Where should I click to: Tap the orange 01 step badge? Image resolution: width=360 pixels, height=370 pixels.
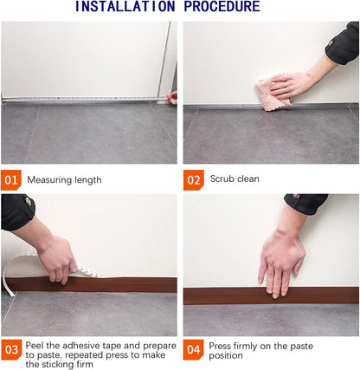11,179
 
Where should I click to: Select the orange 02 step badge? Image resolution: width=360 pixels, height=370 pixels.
193,179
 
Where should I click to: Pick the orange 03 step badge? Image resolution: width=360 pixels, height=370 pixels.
11,351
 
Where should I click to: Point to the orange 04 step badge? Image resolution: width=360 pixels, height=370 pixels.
193,351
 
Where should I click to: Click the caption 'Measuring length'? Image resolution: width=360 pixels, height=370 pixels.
64,179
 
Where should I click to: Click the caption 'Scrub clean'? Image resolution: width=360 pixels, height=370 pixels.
235,179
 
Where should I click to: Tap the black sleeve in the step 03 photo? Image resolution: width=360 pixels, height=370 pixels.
16,211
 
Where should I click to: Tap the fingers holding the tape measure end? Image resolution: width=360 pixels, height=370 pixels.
172,96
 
